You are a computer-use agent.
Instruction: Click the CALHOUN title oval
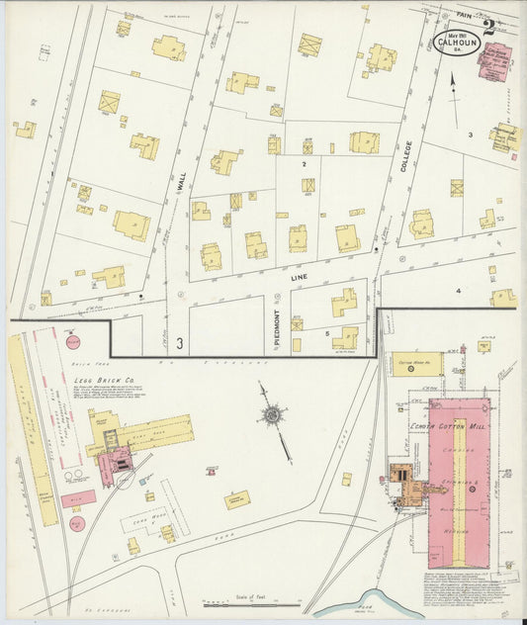(456, 43)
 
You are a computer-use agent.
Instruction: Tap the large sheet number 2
(489, 27)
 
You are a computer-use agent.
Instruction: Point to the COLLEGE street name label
(406, 157)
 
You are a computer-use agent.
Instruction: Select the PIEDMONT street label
(278, 332)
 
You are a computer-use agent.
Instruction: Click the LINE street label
(300, 279)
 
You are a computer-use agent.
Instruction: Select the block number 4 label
(458, 292)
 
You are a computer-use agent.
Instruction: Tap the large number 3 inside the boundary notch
(180, 343)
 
